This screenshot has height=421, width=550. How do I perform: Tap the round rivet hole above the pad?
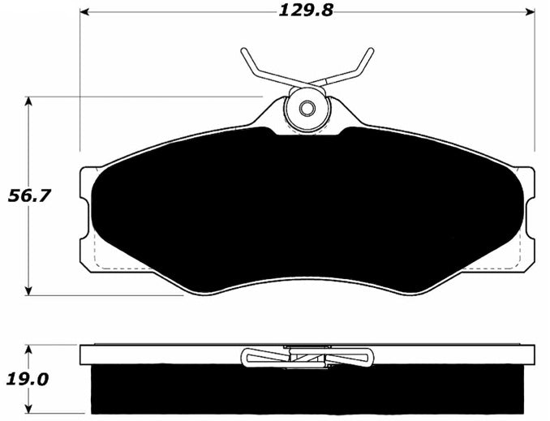307,108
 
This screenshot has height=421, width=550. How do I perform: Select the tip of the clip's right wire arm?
371,51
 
